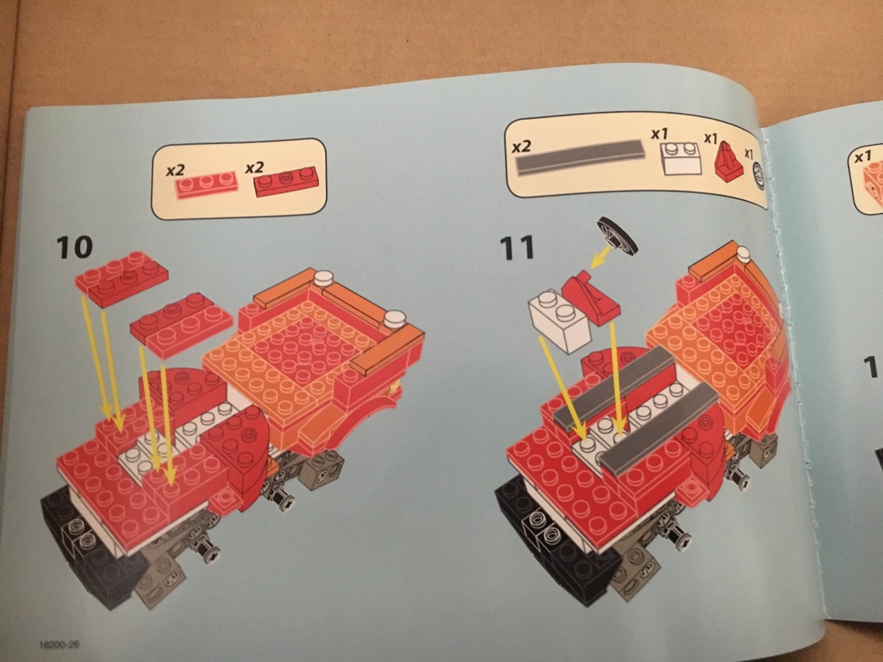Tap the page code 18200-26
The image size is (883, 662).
59,644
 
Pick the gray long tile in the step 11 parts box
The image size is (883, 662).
579,157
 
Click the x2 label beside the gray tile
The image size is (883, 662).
521,147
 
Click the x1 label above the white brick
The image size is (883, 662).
660,134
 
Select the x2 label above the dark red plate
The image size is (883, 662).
254,166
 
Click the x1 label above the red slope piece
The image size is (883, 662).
711,139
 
